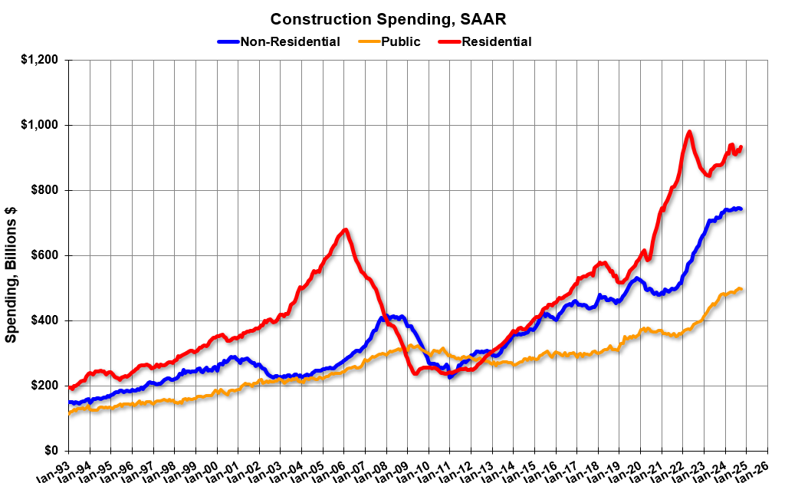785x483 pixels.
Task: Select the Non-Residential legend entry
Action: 290,41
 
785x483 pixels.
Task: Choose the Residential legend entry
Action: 496,41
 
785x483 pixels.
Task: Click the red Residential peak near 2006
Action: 346,229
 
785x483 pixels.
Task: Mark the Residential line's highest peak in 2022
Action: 689,132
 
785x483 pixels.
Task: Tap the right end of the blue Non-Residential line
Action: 740,209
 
